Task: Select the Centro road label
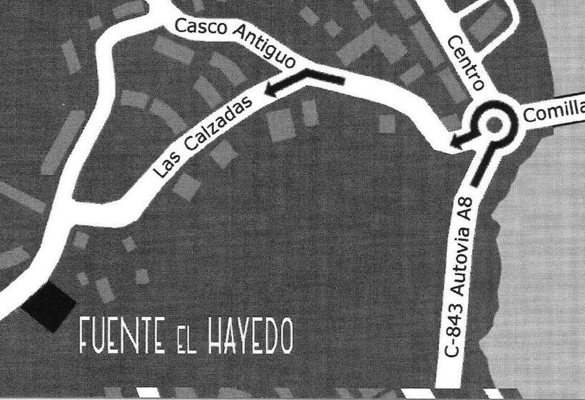pos(466,64)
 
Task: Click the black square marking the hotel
pos(49,306)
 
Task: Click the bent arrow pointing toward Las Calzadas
pos(303,81)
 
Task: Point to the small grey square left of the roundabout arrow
pos(387,124)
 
